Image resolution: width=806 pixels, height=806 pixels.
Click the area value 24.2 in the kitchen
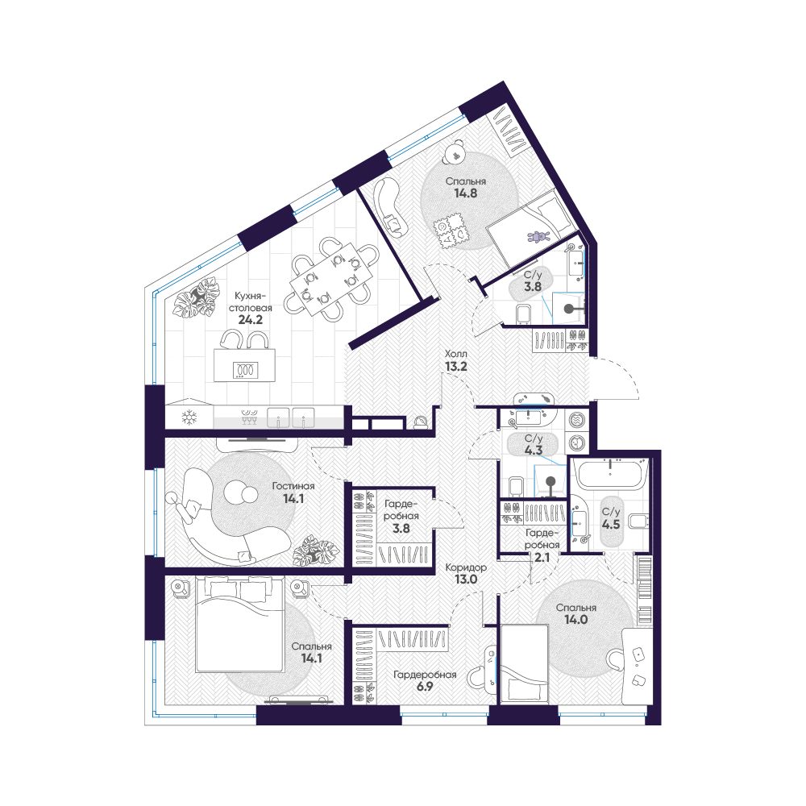(x=251, y=320)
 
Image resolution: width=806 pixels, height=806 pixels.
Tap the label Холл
(x=456, y=354)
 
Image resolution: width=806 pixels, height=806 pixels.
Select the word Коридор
(x=466, y=567)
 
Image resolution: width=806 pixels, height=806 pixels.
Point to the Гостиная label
(x=293, y=486)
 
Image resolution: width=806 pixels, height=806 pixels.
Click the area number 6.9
(x=425, y=686)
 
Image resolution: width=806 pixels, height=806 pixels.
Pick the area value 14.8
(x=466, y=193)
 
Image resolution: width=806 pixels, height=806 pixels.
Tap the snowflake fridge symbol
(x=189, y=417)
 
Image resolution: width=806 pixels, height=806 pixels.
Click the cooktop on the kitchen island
(x=245, y=370)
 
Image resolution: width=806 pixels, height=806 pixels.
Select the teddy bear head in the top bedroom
(x=455, y=152)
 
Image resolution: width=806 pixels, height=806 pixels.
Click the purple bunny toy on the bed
(x=538, y=237)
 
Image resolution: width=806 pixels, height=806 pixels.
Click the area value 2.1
(x=542, y=557)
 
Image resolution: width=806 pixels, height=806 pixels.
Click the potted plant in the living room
(x=315, y=550)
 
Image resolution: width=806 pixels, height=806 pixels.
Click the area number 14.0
(x=575, y=619)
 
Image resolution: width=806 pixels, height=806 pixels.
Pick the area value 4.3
(x=534, y=451)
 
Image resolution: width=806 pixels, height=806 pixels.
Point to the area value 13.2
(x=456, y=367)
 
